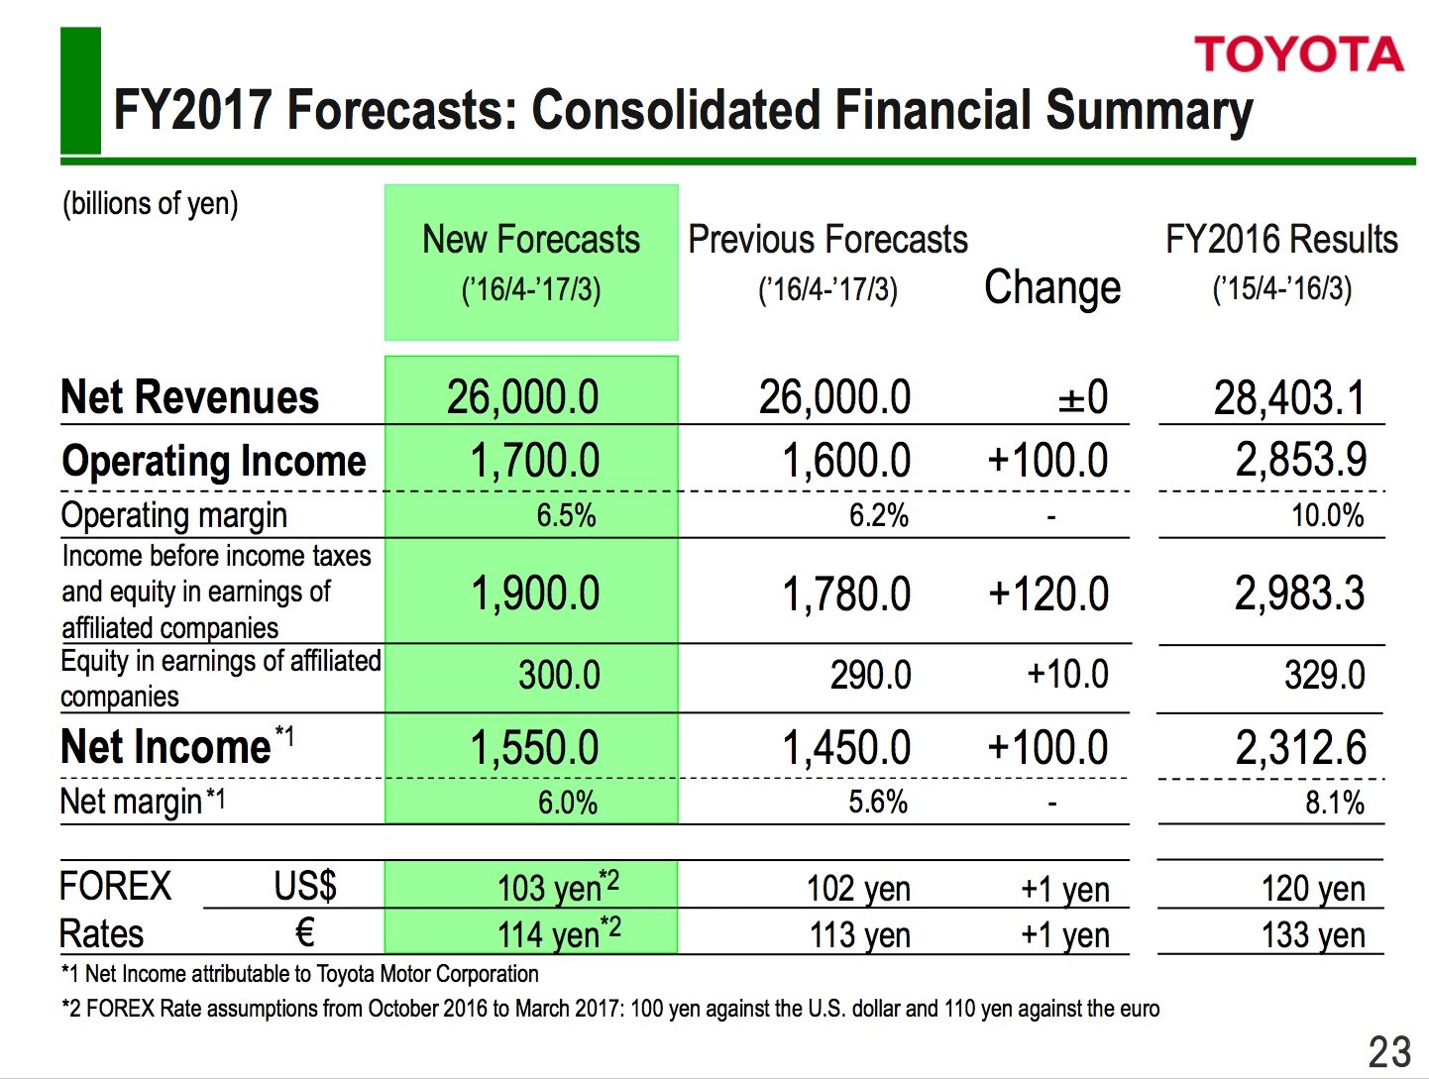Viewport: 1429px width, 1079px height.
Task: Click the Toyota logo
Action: tap(1298, 54)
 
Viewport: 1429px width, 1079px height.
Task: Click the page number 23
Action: tap(1389, 1051)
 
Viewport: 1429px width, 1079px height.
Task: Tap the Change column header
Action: tap(1052, 287)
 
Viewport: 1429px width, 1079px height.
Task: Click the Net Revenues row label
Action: tap(190, 397)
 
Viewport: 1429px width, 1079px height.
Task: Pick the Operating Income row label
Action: tap(214, 461)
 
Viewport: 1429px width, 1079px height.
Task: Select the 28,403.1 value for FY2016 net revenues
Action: tap(1289, 398)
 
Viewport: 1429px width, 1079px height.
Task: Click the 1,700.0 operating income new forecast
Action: tap(535, 461)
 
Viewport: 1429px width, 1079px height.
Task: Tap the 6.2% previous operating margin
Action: tap(879, 515)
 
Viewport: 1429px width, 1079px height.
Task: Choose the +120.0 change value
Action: tap(1048, 594)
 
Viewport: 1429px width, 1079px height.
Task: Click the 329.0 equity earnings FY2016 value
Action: tap(1324, 676)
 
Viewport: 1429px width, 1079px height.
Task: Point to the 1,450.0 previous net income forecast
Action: tap(846, 748)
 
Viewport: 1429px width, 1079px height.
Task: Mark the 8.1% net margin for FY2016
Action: tap(1334, 802)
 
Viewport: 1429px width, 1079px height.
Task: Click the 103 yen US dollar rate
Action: tap(558, 887)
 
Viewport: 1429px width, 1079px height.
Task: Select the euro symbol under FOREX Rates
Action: tap(305, 932)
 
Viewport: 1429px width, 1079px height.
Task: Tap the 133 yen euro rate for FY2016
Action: tap(1313, 934)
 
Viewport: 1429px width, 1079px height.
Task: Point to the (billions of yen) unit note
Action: tap(151, 203)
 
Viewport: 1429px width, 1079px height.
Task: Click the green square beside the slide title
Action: tap(80, 90)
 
